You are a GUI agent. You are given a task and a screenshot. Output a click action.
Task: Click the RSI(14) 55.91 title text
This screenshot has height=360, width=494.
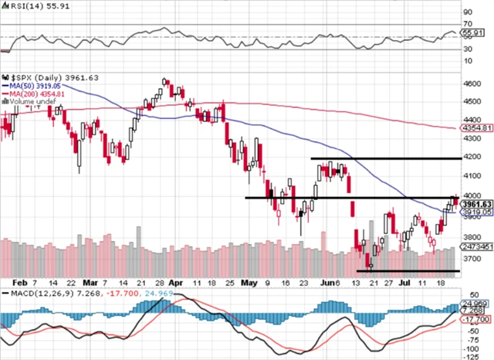pos(29,6)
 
